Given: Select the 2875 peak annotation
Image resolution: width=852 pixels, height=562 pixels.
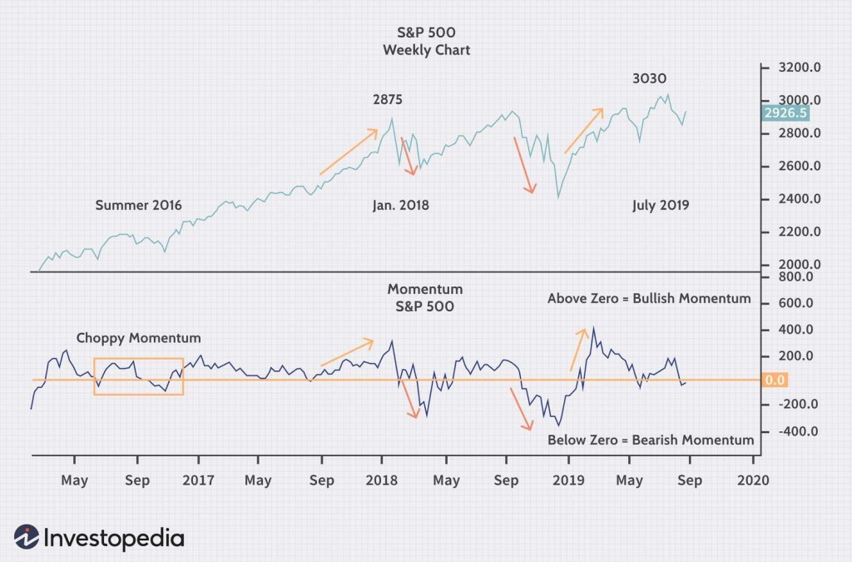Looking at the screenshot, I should (387, 100).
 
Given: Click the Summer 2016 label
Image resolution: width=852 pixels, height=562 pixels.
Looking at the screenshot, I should (138, 205).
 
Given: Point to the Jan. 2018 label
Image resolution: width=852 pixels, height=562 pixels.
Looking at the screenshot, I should (400, 205).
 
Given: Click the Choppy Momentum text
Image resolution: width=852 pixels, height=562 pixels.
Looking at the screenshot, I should (139, 338).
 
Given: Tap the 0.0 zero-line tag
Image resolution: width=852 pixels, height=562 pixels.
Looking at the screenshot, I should (775, 380).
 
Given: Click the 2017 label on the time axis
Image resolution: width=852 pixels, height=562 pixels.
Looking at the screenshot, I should (198, 480).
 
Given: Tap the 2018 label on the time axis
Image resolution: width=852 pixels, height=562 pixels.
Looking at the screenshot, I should (381, 480).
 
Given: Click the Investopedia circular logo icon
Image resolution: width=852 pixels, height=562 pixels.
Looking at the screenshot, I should (27, 538).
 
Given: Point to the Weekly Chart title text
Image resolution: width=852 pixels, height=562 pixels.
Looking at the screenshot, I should (426, 50).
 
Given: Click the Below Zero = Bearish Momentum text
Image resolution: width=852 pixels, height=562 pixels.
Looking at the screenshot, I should (650, 440).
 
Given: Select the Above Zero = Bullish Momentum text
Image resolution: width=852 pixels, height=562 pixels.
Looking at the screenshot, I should (648, 298).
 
